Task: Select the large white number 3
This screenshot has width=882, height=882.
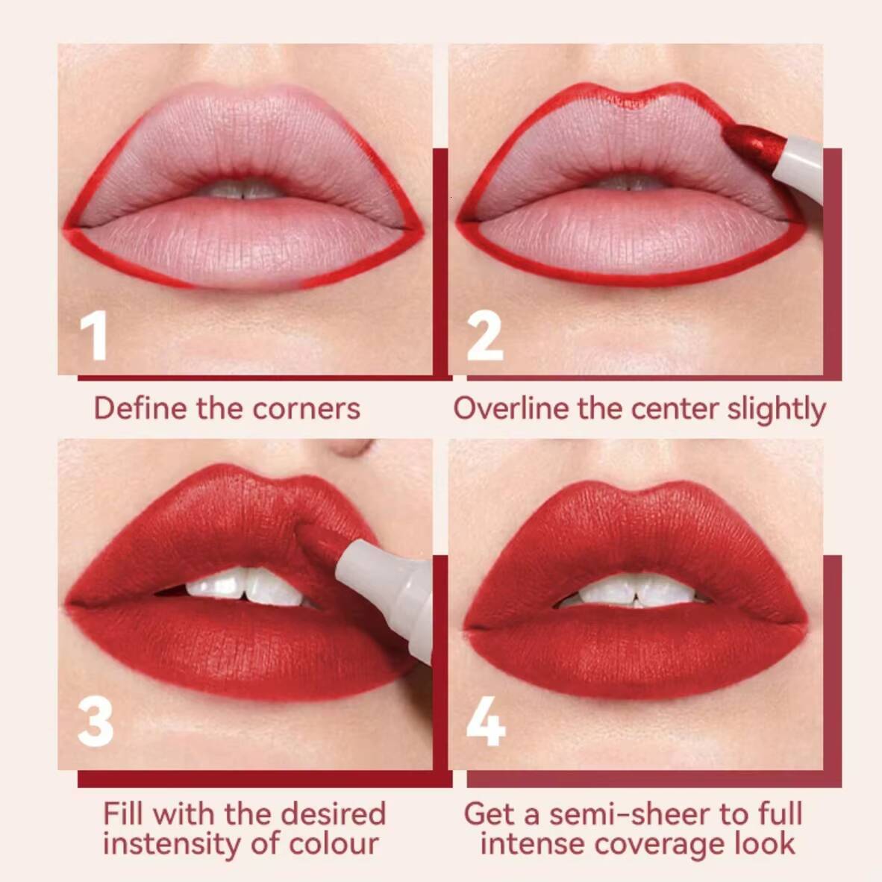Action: pyautogui.click(x=96, y=722)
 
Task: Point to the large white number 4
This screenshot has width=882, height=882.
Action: pyautogui.click(x=486, y=722)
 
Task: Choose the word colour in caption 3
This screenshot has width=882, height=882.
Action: pyautogui.click(x=334, y=844)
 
